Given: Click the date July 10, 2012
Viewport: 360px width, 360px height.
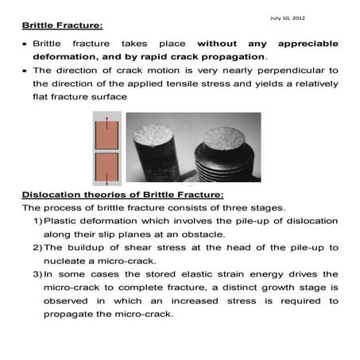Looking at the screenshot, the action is click(287, 17).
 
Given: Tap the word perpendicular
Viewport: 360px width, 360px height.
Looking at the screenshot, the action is click(281, 72).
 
